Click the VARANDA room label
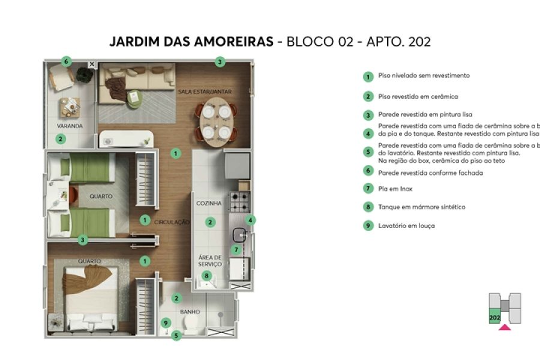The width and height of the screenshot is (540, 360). point(70,126)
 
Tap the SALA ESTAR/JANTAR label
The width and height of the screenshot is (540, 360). point(205,92)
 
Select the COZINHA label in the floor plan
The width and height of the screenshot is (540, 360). point(209,203)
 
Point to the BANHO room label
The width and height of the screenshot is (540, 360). point(190,312)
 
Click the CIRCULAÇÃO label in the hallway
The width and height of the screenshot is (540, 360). point(172,222)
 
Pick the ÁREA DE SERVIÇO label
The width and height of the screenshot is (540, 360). point(210,260)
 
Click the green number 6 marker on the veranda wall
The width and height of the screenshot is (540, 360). point(67,61)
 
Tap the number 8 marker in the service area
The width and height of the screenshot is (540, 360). point(207,276)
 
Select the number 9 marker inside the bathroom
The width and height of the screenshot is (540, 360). point(166,323)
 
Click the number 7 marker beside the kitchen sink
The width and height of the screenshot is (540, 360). point(236,250)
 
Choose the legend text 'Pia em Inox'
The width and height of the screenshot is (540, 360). point(395,189)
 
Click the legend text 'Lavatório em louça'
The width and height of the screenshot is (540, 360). point(406,226)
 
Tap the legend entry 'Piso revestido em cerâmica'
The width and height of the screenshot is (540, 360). point(418,96)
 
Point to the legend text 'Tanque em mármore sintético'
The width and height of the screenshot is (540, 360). point(421,207)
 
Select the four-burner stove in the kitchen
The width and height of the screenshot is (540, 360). point(239,202)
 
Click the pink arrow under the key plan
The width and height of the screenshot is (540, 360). point(505,327)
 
